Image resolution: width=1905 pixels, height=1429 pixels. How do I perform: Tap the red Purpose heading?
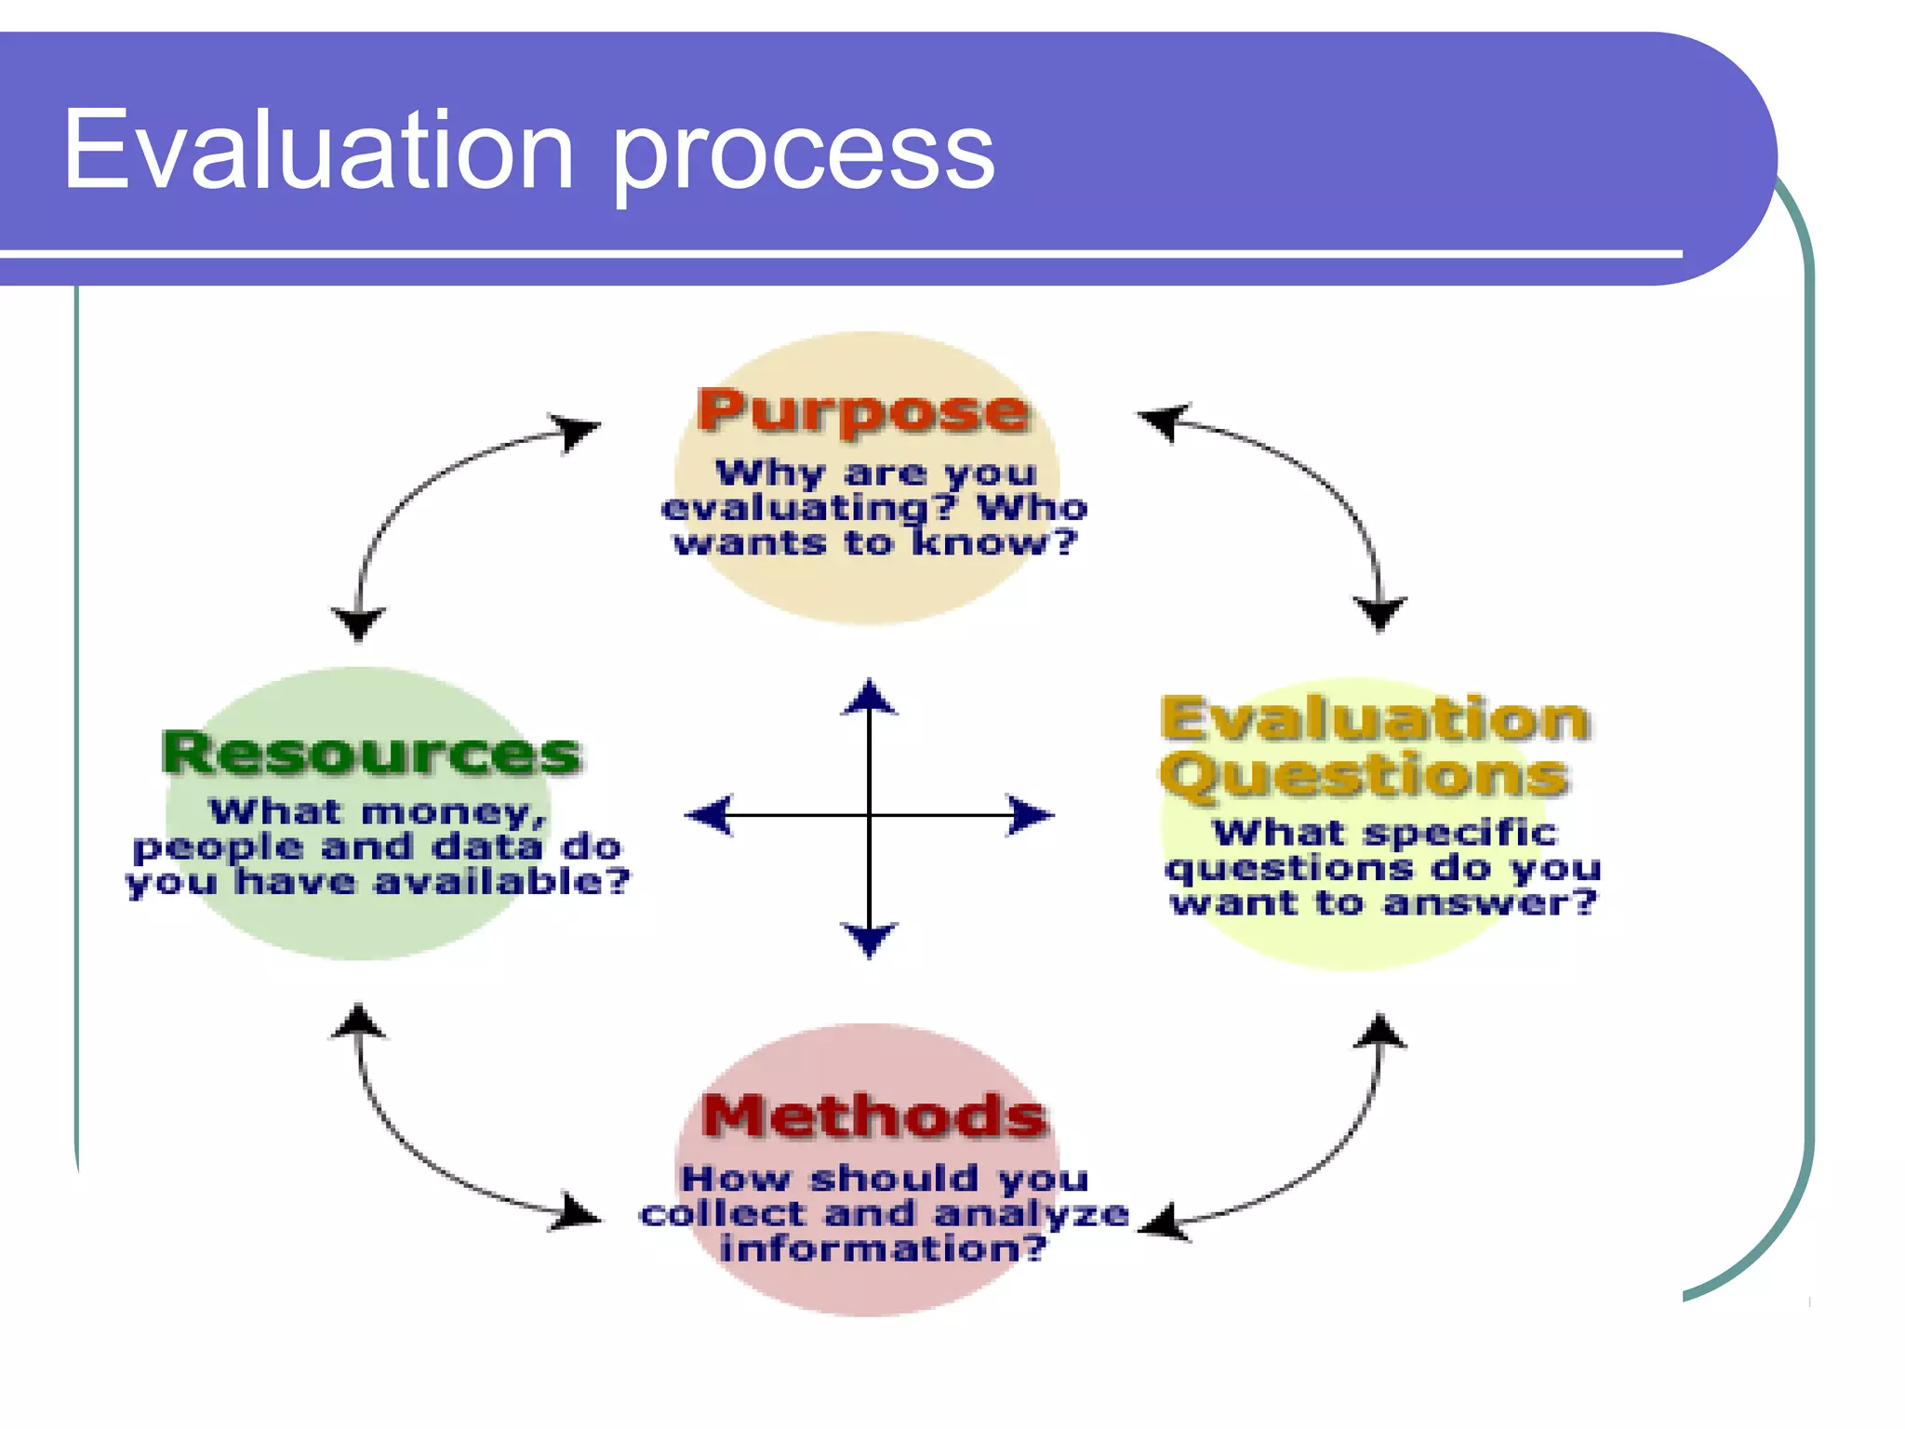pos(863,411)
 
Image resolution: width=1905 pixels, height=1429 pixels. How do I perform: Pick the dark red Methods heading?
pos(874,1115)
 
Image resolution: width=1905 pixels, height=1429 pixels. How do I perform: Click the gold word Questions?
pos(1365,775)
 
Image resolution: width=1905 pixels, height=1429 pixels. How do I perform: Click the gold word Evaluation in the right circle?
pos(1375,718)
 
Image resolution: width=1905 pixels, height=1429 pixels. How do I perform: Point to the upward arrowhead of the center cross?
pos(869,697)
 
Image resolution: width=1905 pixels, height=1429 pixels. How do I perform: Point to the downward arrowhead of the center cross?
pos(869,938)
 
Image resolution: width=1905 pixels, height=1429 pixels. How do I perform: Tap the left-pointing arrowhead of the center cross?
pos(709,815)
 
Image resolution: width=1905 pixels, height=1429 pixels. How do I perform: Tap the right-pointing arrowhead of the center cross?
pos(1031,815)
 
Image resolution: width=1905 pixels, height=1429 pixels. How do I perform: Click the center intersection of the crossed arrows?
pos(869,815)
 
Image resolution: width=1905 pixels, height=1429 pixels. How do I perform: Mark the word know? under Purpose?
pos(993,542)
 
